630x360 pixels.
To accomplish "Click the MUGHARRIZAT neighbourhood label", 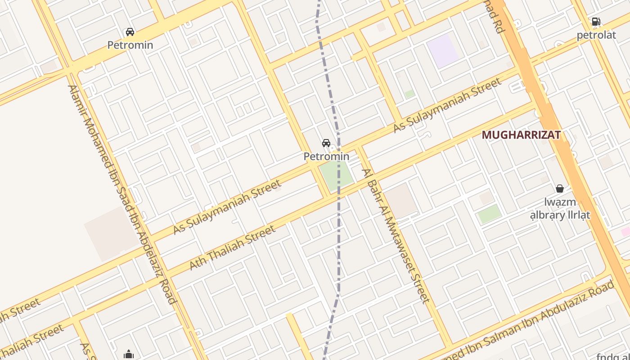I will click(x=521, y=135).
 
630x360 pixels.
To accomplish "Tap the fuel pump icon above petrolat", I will click(x=596, y=22).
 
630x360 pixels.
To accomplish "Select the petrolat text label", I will click(x=596, y=35).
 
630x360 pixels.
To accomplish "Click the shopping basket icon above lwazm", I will click(x=560, y=189).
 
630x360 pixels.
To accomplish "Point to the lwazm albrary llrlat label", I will click(x=560, y=208).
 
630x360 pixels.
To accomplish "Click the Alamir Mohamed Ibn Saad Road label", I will click(x=121, y=193).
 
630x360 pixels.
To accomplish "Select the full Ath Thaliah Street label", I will click(x=232, y=247).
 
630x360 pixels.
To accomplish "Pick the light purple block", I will click(x=442, y=50).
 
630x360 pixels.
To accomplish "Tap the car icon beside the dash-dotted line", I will click(x=326, y=144).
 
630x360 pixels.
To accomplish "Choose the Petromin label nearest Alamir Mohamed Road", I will click(x=130, y=45).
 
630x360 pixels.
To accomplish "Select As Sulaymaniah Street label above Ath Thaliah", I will click(x=227, y=207).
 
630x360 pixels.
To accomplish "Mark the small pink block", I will click(x=626, y=231).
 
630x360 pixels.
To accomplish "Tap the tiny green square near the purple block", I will click(x=409, y=94).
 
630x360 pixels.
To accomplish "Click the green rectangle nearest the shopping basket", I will click(x=490, y=214).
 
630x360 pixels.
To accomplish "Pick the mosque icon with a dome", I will click(x=129, y=355).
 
